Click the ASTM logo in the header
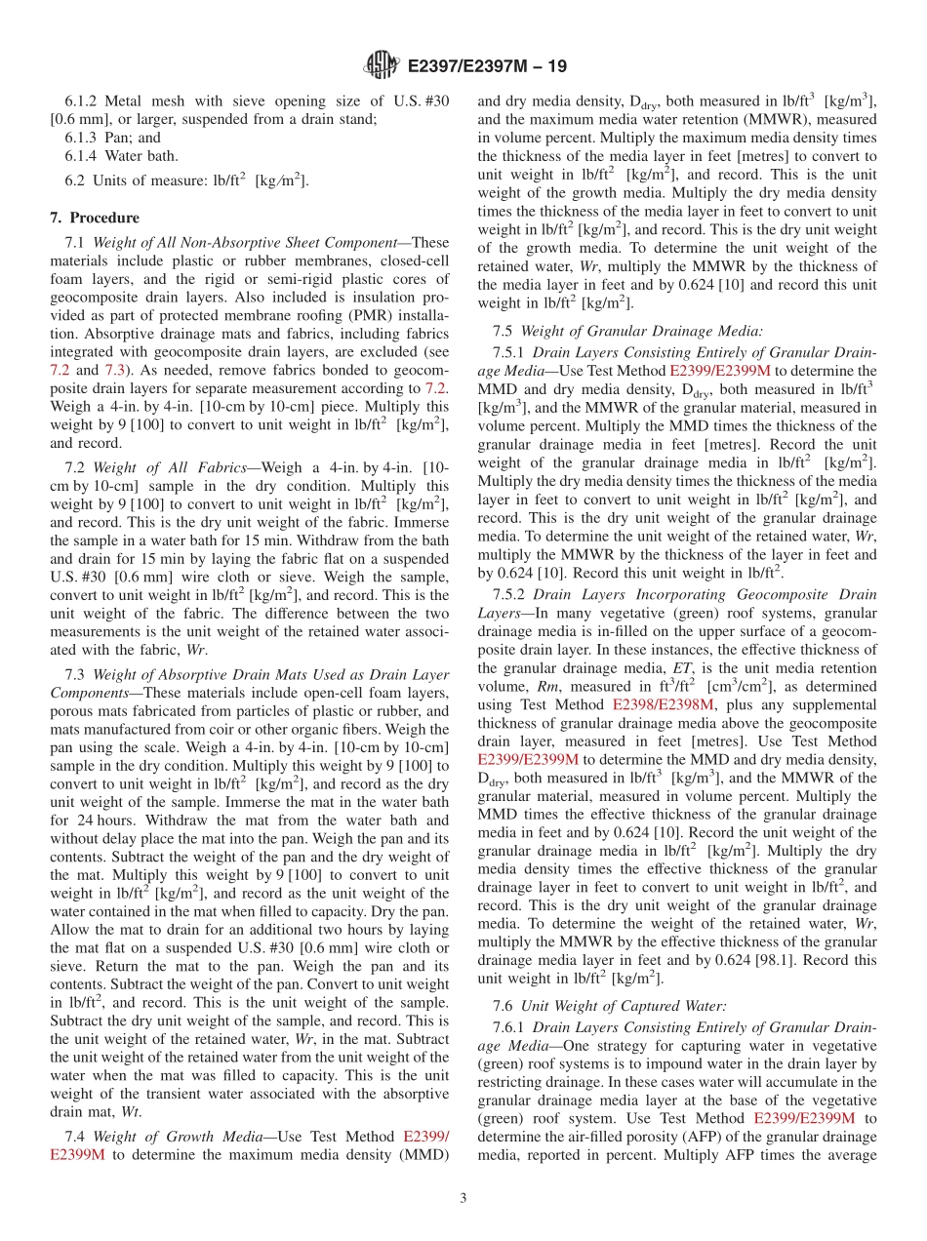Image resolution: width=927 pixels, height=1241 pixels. coord(381,66)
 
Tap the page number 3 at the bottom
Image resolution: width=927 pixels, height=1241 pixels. coord(463,1197)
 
